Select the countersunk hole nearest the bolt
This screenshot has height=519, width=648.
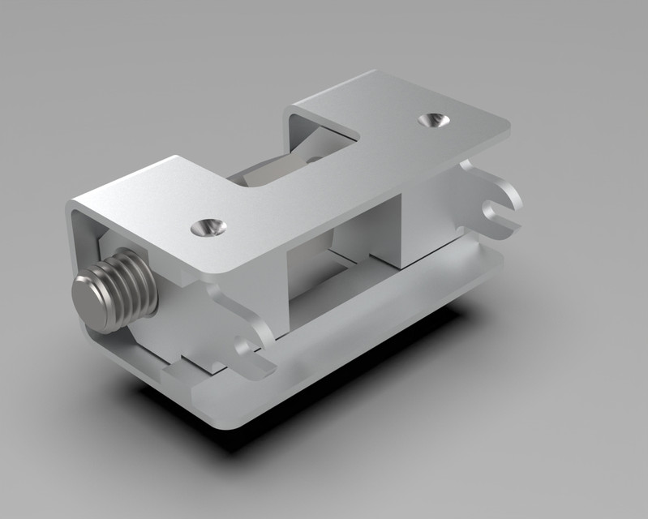208,228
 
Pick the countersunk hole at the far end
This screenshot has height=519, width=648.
434,120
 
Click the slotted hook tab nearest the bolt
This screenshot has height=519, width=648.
247,341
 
